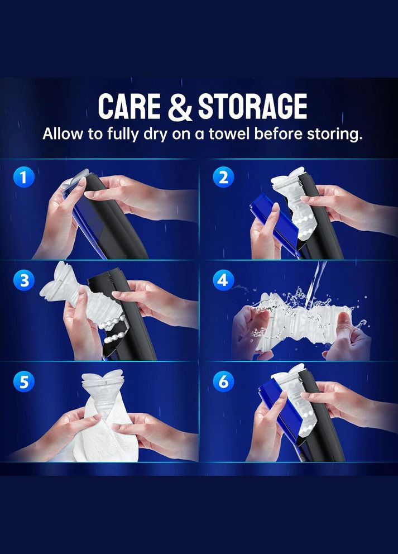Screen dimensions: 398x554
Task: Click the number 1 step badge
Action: (x=23, y=177)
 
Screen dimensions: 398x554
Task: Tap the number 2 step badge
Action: (x=223, y=177)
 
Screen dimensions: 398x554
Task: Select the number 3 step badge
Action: (x=23, y=280)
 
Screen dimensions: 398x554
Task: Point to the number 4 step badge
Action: (x=223, y=280)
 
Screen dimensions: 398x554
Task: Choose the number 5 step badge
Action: (x=23, y=381)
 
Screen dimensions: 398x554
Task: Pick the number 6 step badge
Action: (x=223, y=381)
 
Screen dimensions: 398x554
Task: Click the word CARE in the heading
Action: (x=129, y=106)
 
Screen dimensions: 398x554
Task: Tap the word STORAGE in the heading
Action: (x=252, y=106)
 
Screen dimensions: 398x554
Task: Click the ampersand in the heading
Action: (x=179, y=107)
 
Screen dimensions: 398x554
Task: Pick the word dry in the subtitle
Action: (x=154, y=135)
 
